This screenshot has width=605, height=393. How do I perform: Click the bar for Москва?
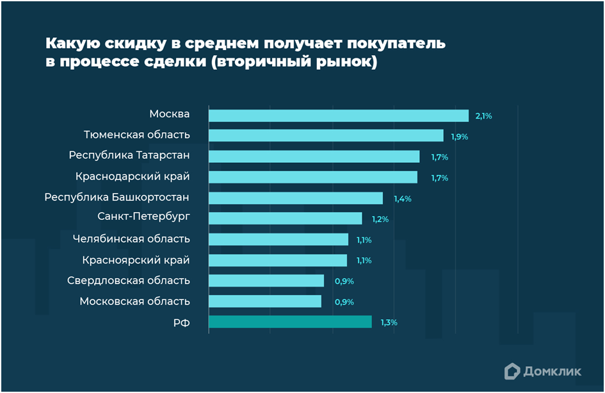coord(339,115)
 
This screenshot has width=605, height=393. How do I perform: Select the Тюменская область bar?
coord(326,136)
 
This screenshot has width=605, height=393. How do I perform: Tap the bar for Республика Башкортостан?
coord(296,198)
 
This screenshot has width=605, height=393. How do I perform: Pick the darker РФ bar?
coord(290,322)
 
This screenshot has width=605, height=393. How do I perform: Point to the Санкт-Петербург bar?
coord(286,219)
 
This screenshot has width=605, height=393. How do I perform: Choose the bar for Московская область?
coord(265,301)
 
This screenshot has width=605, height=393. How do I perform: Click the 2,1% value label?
coord(483,116)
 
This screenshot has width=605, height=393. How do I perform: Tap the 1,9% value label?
coord(459,137)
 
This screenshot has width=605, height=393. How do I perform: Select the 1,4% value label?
coord(403,199)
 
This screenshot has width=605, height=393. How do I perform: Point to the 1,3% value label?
coord(389,322)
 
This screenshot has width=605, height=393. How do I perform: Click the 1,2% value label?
coord(380,219)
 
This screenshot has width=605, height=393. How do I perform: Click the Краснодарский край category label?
coord(133,176)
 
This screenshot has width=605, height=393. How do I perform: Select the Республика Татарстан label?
coord(129,155)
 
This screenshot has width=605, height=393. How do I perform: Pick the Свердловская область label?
coord(129,280)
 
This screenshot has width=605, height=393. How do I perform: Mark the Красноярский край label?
coord(136,260)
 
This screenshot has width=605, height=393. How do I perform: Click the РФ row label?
coord(181,322)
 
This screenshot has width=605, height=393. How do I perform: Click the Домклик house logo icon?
coord(512,371)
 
